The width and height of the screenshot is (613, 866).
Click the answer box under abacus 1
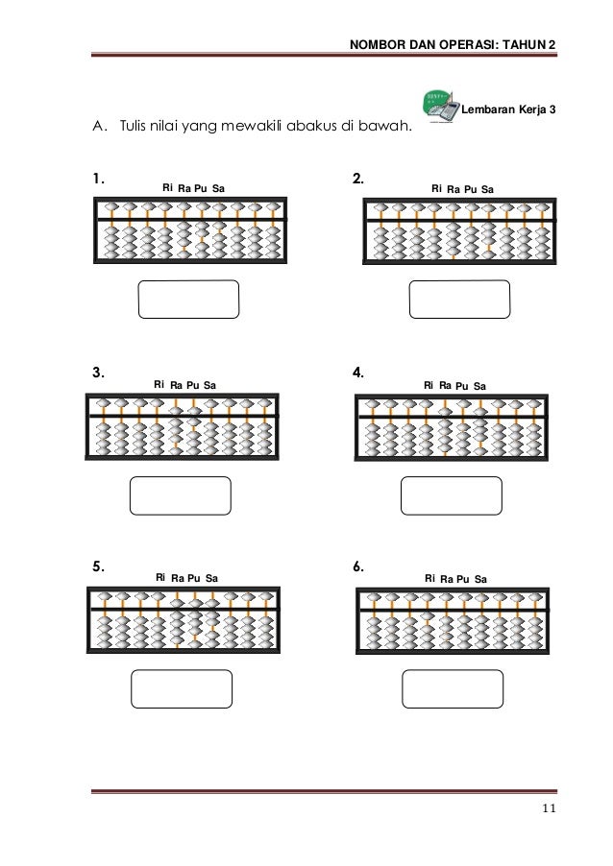tap(188, 299)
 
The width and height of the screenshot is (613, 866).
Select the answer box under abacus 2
tap(459, 299)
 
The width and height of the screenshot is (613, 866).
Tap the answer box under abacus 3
tap(180, 496)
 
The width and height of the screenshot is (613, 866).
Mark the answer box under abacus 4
tap(451, 496)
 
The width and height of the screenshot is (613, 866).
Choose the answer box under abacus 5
tap(181, 689)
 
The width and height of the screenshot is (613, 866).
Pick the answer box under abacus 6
tap(452, 689)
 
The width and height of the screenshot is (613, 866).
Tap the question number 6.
tap(357, 566)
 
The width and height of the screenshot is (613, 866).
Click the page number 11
tap(548, 808)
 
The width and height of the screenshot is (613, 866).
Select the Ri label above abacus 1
tap(167, 188)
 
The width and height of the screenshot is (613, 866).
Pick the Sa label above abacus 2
tap(487, 189)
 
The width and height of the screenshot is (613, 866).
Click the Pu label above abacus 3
tap(192, 385)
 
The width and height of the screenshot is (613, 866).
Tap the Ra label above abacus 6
tap(447, 579)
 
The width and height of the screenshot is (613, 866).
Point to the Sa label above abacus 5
tap(211, 578)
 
